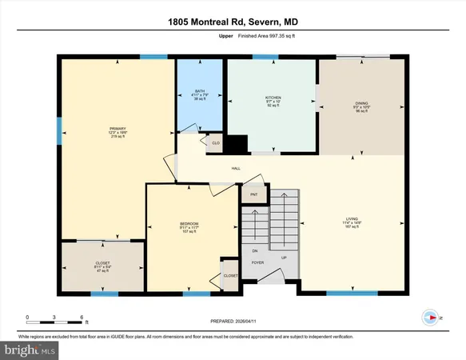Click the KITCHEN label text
coord(273,98)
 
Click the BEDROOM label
coord(189,223)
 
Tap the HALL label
coord(236,168)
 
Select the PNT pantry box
coord(253,194)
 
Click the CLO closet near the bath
coord(214,144)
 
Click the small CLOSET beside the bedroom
coord(230,274)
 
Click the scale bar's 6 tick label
coord(83,318)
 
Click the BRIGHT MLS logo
coord(30,350)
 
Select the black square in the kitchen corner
coord(236,144)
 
